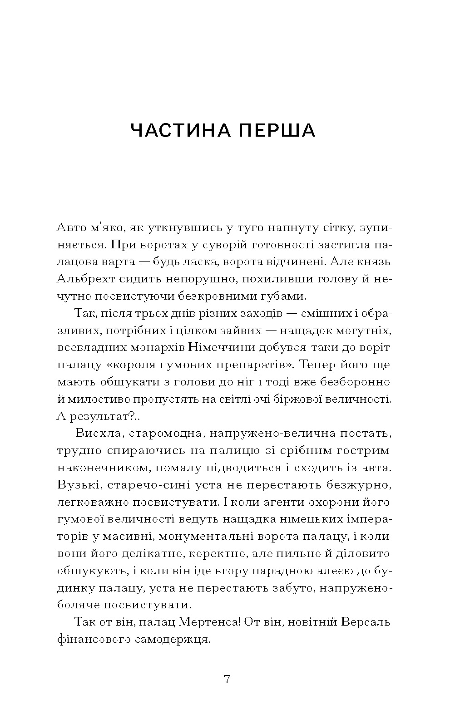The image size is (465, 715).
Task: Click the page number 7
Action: click(228, 679)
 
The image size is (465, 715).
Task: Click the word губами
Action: click(285, 296)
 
